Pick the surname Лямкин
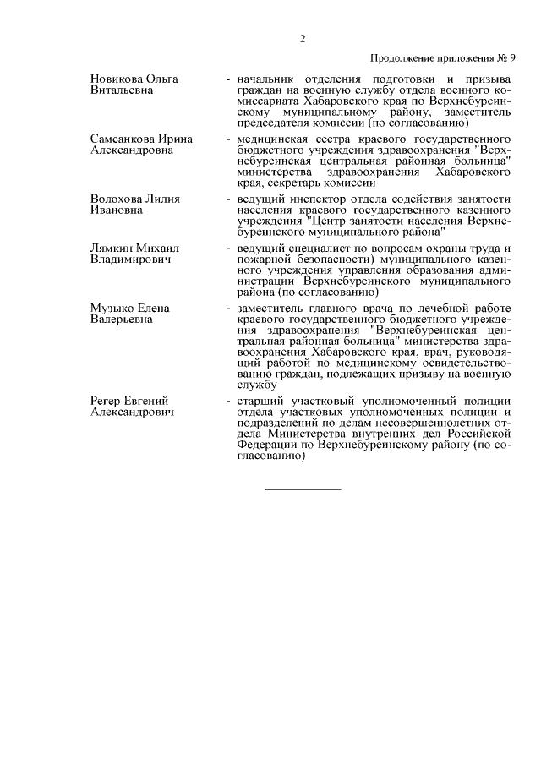113,249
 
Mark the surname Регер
107,400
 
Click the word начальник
268,79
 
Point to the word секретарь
306,181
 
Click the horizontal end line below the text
303,489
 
